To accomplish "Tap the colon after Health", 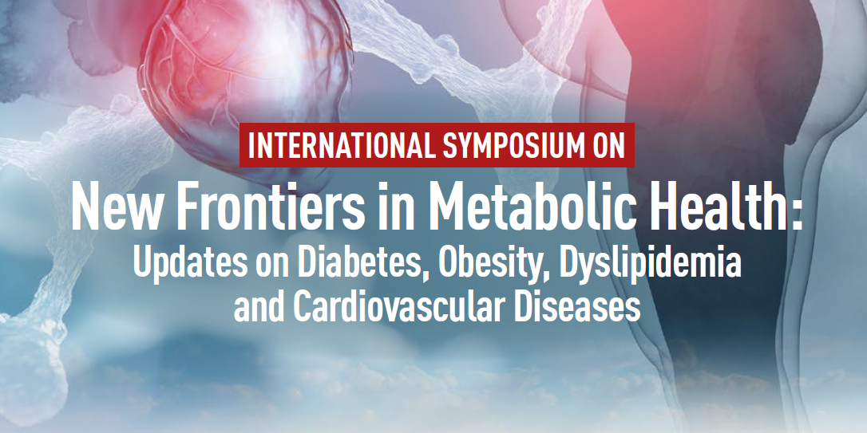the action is (x=796, y=213).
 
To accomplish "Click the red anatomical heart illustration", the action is (x=243, y=83).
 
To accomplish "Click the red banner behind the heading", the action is (x=437, y=145).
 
